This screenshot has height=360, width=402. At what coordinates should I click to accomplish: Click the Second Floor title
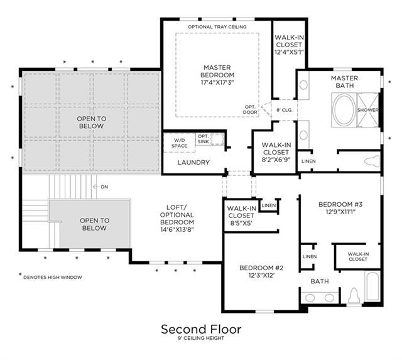click(201, 329)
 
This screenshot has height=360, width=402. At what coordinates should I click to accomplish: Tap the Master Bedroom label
click(217, 75)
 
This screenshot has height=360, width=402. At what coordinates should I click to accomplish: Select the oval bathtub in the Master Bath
click(344, 110)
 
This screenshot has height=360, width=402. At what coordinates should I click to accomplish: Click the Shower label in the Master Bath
click(367, 110)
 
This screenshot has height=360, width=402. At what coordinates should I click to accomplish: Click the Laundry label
click(193, 162)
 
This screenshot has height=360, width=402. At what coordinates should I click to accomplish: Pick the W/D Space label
click(179, 143)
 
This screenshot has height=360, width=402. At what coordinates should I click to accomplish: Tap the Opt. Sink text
click(204, 139)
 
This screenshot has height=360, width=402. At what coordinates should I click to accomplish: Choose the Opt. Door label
click(250, 109)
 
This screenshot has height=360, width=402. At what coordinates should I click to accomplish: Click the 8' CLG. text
click(285, 110)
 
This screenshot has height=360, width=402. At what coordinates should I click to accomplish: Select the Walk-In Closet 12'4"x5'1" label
click(289, 45)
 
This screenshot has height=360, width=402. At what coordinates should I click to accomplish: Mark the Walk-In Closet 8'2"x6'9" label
click(276, 152)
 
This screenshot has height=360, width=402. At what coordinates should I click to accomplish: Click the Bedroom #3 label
click(340, 208)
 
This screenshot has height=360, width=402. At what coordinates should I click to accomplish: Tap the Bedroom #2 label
click(261, 271)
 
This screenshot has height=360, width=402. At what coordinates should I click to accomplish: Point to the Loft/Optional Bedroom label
click(177, 219)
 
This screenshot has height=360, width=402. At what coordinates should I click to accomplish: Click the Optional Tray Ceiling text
click(217, 26)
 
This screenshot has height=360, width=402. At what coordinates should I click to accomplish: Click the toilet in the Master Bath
click(372, 161)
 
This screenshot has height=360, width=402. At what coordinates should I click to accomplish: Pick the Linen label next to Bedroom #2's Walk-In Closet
click(269, 205)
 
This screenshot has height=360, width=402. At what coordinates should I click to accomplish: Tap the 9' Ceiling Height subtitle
click(201, 338)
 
